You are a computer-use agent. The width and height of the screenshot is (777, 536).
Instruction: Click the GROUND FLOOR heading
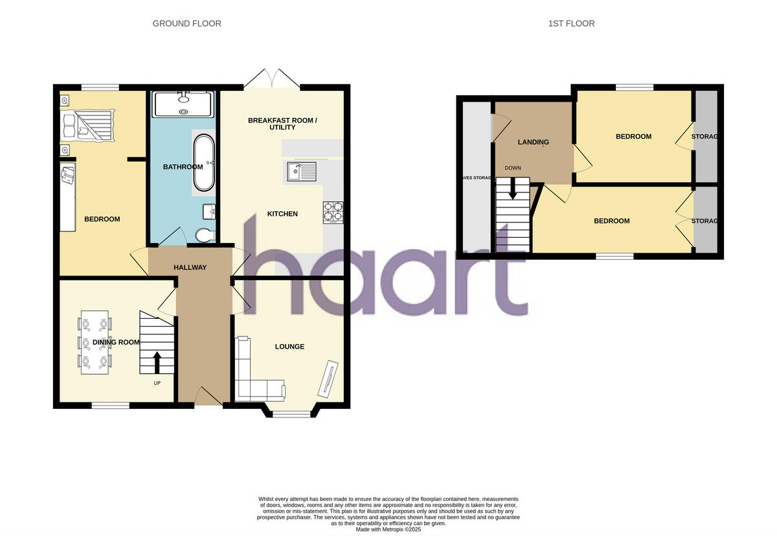(186, 23)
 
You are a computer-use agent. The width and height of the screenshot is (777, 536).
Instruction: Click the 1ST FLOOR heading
(571, 23)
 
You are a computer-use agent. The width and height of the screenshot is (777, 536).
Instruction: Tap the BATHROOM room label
(183, 167)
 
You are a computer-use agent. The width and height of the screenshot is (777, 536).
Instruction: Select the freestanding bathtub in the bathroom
(203, 163)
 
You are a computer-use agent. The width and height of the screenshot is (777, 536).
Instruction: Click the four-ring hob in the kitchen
(333, 213)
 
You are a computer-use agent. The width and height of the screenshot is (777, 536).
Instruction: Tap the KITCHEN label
(282, 214)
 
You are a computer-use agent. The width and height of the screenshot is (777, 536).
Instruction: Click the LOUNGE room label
(289, 347)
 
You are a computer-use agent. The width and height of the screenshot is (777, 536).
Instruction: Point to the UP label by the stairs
(157, 383)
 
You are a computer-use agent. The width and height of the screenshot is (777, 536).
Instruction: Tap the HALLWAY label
(190, 268)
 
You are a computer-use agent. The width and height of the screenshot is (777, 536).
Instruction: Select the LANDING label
(533, 143)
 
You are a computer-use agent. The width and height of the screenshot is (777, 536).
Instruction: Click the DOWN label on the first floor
(513, 168)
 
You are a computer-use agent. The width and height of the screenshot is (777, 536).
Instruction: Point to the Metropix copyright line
(388, 530)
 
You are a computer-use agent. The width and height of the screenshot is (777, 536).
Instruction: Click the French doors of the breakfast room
(272, 78)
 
